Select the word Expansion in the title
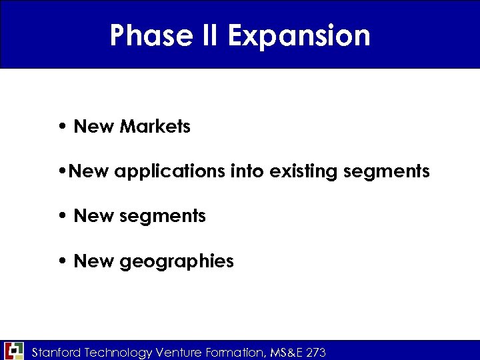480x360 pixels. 299,35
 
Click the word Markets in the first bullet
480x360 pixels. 155,126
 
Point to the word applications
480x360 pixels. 170,172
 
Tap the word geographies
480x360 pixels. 177,261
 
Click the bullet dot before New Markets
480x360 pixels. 61,127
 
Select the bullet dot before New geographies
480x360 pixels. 61,261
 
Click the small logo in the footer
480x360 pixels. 13,351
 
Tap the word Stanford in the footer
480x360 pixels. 57,352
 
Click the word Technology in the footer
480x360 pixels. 118,352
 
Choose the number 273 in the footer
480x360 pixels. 317,352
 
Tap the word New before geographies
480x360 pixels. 94,261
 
